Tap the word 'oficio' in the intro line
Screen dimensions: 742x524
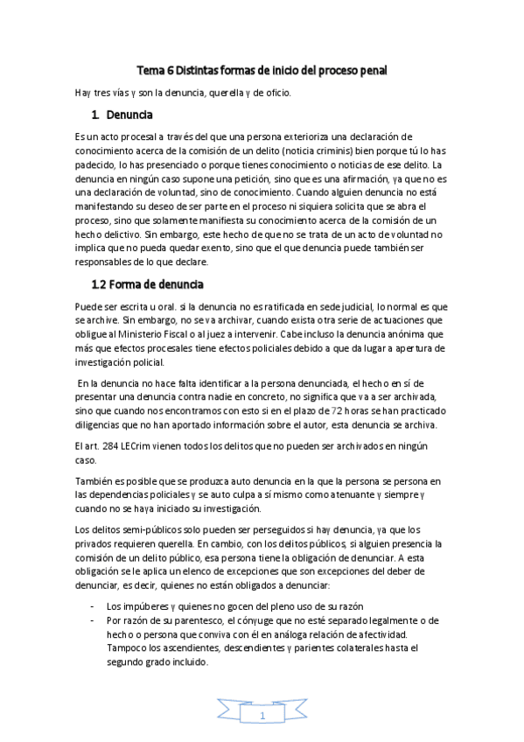pyautogui.click(x=286, y=93)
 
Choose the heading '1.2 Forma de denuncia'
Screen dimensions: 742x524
pyautogui.click(x=148, y=284)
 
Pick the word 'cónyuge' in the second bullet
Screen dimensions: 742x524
pyautogui.click(x=258, y=620)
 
